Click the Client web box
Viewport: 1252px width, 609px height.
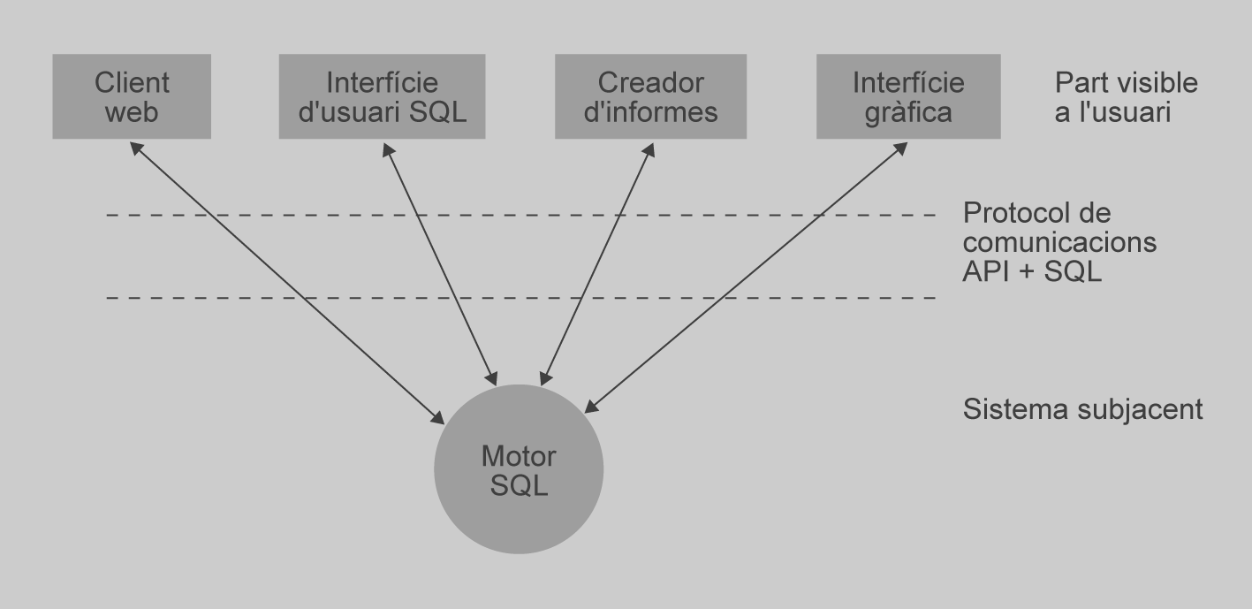point(132,96)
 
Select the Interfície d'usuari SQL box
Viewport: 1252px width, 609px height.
point(382,96)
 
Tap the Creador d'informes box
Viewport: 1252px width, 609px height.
point(650,96)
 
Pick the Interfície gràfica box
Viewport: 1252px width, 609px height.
point(907,96)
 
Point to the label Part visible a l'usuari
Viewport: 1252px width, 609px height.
point(1126,97)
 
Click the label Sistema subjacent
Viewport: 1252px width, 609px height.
point(1081,410)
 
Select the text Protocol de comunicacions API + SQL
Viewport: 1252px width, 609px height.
point(1059,242)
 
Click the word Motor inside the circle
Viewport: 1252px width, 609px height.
point(519,457)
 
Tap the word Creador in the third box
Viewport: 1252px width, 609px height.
point(650,83)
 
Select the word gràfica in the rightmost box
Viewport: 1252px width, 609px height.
point(907,112)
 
